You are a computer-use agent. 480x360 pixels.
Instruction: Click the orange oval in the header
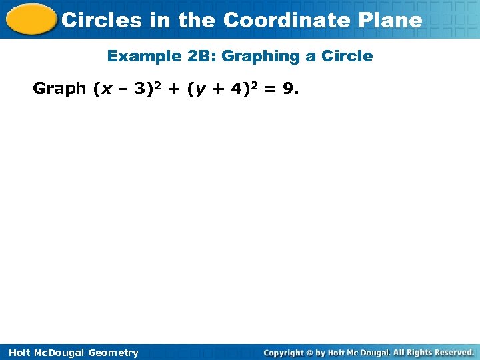pos(29,19)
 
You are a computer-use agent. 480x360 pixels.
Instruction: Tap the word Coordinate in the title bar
pos(289,20)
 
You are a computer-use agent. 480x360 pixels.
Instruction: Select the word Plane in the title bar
pos(393,20)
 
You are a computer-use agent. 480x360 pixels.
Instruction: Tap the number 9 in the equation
pos(287,89)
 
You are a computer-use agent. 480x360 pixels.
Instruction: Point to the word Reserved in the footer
pos(453,352)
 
